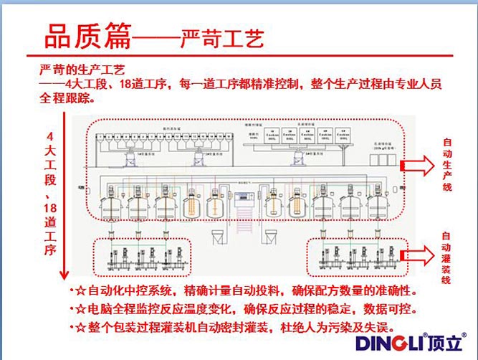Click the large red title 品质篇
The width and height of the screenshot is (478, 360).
(87, 36)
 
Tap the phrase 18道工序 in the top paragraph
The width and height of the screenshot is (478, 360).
(140, 85)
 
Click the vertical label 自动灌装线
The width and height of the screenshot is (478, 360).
(446, 258)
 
